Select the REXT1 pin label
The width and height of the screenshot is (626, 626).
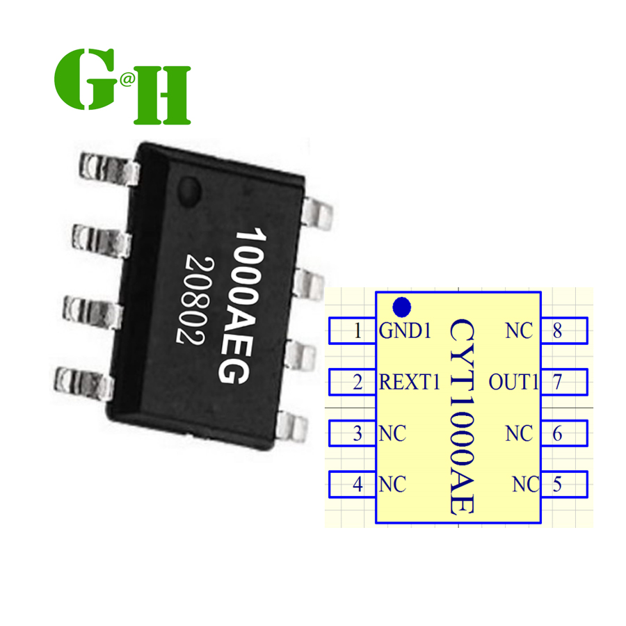410,382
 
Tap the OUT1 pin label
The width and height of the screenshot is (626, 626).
514,382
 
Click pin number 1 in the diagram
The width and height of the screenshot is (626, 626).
358,331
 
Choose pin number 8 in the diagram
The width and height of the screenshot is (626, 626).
557,331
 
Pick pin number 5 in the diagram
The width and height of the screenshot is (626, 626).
557,483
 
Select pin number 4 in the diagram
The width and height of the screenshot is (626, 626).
358,483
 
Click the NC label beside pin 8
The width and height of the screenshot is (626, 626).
520,331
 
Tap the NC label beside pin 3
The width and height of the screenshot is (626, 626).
392,433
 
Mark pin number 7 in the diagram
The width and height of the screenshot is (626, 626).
557,382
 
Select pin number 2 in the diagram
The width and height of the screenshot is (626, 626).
358,382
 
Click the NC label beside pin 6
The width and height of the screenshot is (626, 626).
520,433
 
